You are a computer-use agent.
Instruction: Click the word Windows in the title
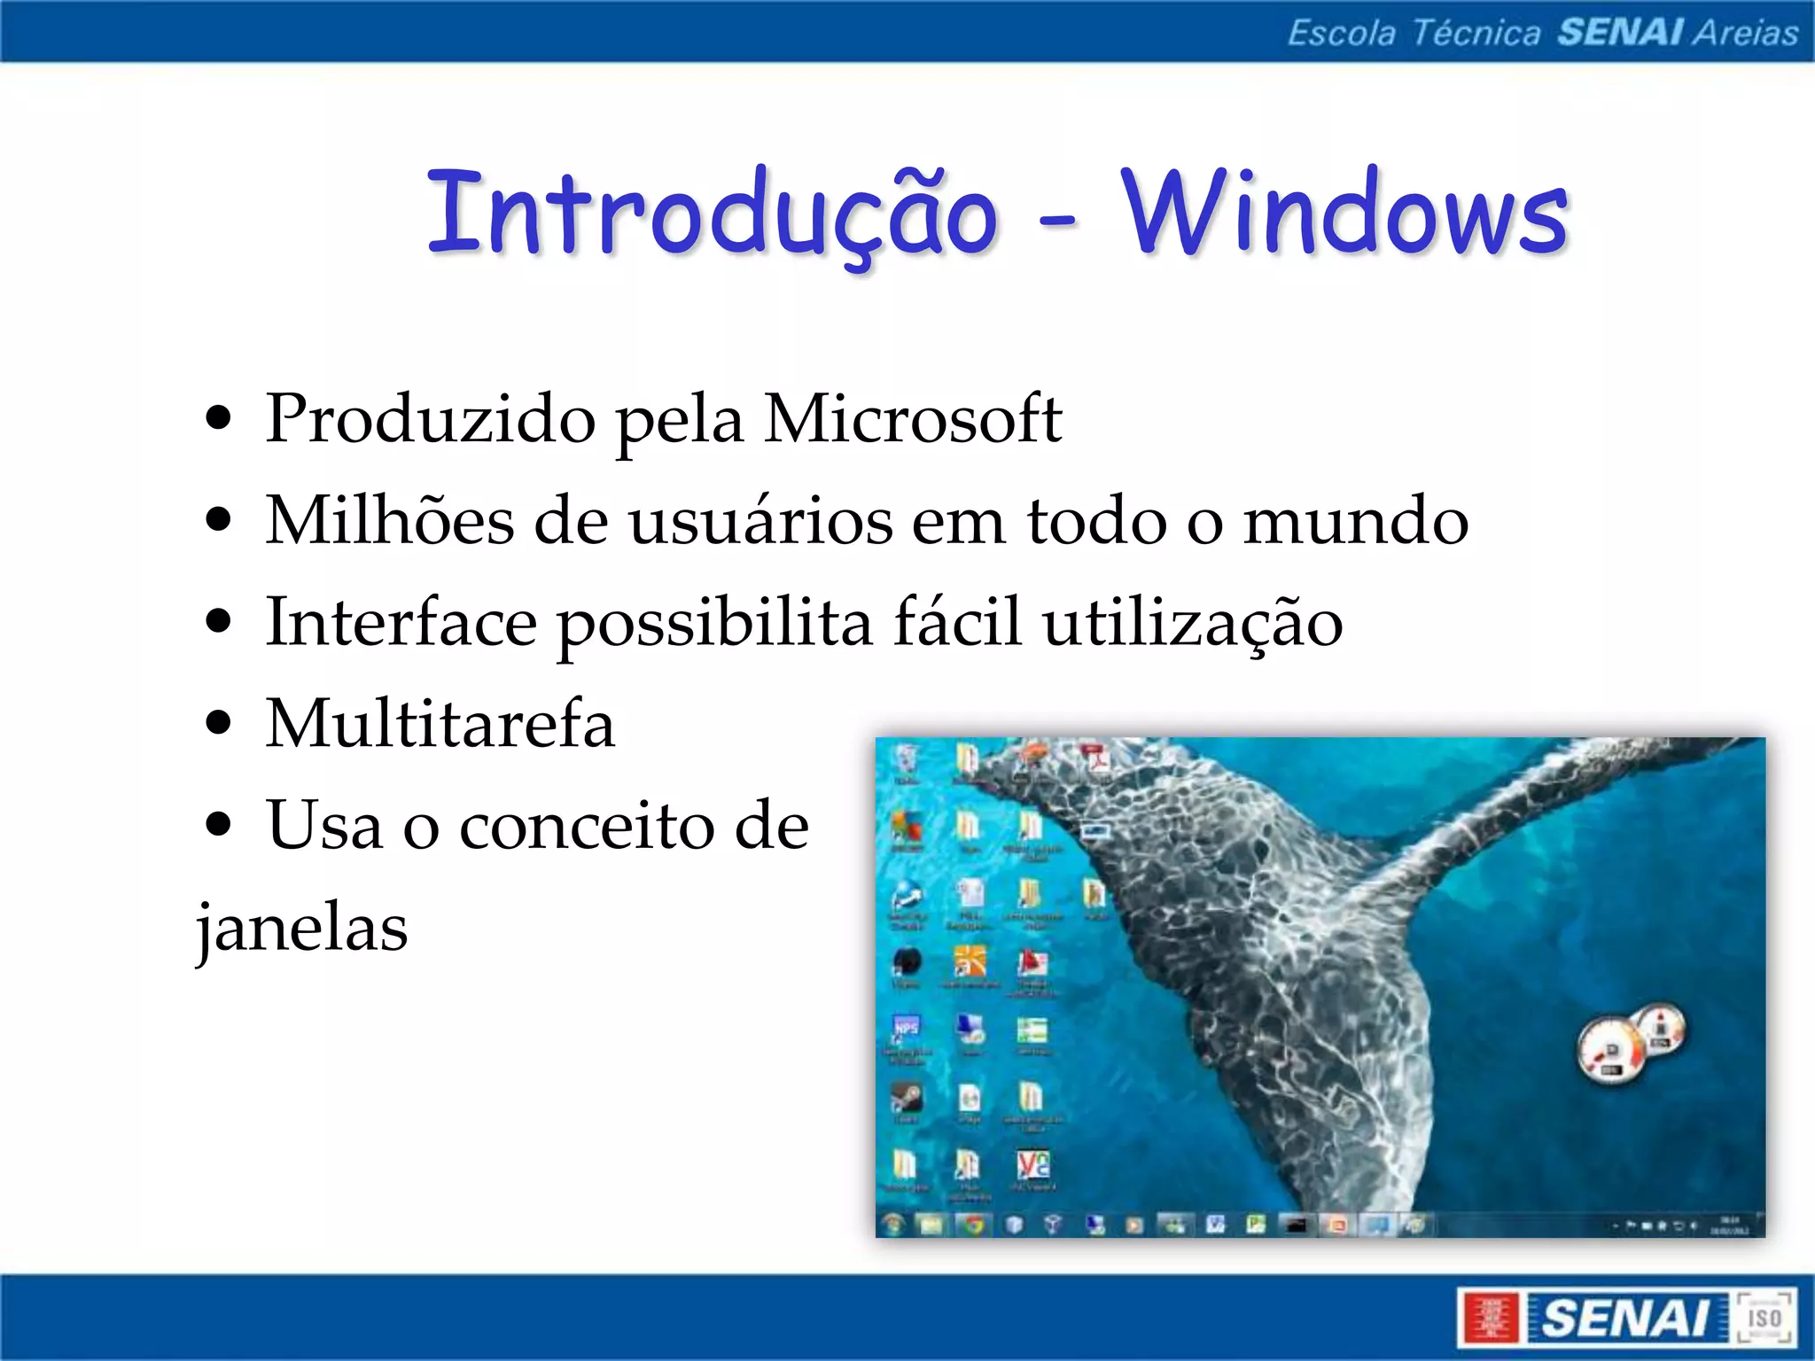click(1345, 213)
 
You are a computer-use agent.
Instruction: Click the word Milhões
click(390, 520)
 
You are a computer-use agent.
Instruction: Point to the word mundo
click(1356, 520)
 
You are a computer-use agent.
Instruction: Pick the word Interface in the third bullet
click(401, 622)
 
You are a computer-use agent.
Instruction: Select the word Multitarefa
click(440, 724)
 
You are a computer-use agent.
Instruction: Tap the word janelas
click(302, 928)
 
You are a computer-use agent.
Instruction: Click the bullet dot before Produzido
click(217, 418)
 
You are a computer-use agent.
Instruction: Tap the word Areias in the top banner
click(1745, 33)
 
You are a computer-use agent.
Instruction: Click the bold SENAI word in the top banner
click(1620, 33)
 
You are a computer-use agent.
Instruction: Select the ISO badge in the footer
click(1764, 1318)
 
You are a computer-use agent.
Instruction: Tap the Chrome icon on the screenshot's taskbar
click(974, 1225)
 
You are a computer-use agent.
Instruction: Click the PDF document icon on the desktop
click(1096, 760)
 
